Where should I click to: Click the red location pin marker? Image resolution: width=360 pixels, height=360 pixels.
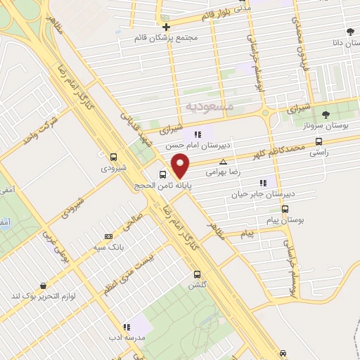(x=181, y=165)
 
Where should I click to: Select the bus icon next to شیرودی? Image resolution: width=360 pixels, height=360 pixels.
(x=114, y=156)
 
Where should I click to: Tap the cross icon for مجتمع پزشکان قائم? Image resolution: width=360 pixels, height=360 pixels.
(x=166, y=26)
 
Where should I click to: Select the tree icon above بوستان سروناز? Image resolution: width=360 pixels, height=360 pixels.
(x=325, y=114)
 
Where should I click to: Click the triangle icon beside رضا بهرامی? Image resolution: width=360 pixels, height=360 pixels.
(x=224, y=162)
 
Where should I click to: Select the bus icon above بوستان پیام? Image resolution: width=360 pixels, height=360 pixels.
(x=285, y=209)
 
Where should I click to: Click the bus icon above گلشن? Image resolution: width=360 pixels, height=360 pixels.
(x=197, y=274)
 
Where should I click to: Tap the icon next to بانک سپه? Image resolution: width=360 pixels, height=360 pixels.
(x=108, y=236)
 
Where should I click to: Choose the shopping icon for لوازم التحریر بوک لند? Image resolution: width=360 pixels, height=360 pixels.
(x=44, y=286)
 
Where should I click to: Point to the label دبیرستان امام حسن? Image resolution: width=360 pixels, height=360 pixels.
(x=190, y=144)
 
